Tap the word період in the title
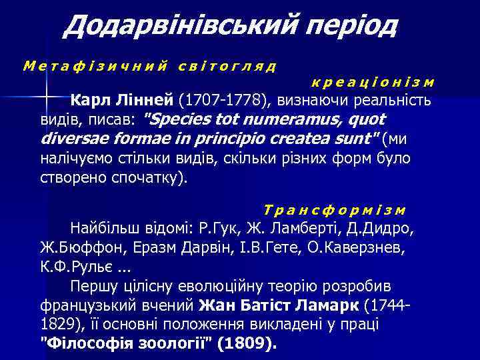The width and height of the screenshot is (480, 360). click(346, 27)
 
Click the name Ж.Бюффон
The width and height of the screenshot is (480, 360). click(71, 248)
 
